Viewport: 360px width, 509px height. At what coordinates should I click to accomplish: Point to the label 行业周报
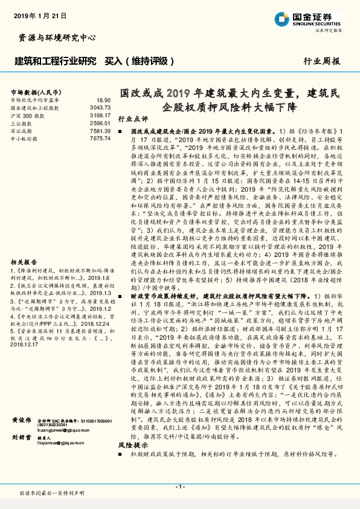coord(322,62)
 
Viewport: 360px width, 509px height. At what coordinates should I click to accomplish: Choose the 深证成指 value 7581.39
coord(100,130)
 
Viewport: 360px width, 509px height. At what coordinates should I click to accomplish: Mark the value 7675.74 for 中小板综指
coord(100,138)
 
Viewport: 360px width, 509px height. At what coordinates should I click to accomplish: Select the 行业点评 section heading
coord(132,119)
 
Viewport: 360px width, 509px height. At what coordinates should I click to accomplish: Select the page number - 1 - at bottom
coord(179,487)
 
